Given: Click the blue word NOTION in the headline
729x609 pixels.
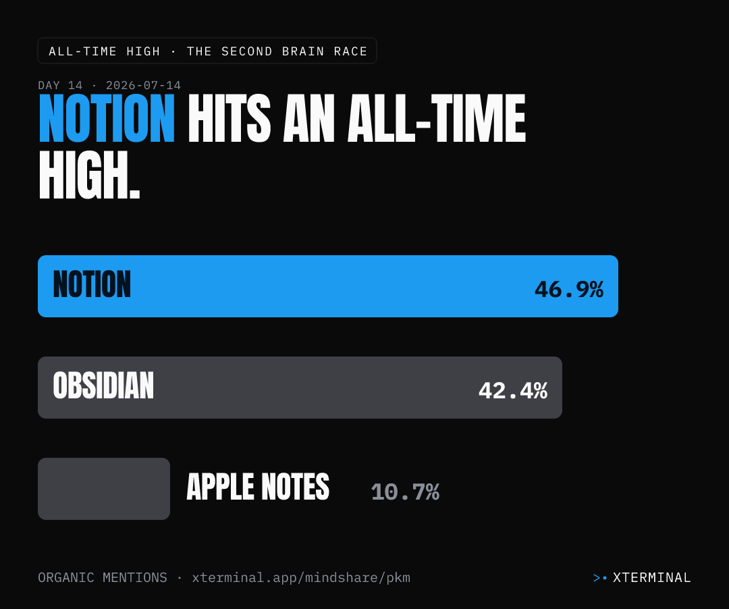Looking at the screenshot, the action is (107, 118).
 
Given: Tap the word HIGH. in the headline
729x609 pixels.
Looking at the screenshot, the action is (89, 176).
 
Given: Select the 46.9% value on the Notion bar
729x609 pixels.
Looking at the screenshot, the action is (569, 289).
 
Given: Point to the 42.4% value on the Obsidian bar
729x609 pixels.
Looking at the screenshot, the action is (513, 390).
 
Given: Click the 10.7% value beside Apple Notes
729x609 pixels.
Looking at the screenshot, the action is (405, 492).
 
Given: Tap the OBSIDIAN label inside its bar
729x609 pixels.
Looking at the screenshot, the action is (103, 386).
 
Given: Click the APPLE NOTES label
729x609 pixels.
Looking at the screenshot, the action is (258, 487).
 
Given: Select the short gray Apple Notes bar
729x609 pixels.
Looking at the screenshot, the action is (104, 489).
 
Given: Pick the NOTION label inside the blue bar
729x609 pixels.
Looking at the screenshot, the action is (92, 284).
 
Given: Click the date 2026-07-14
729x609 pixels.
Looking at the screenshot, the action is (143, 86).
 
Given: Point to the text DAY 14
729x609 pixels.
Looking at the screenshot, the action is (61, 86).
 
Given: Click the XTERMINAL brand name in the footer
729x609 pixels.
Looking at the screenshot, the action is (652, 577).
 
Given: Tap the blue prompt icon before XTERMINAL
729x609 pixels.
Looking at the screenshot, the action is (600, 578).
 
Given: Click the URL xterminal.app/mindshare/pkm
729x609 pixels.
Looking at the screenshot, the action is (301, 577).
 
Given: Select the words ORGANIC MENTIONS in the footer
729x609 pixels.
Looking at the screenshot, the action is (103, 577).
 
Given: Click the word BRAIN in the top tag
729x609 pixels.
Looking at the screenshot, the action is (303, 51).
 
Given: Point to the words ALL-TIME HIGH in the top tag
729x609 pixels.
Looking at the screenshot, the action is (105, 51).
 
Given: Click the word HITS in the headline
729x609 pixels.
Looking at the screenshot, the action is (230, 118).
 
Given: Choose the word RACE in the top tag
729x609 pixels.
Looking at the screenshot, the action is (350, 51).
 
